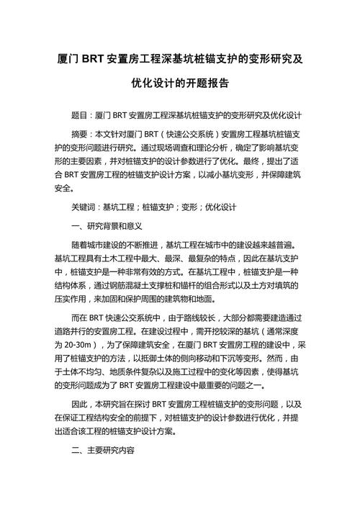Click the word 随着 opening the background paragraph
80,245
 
